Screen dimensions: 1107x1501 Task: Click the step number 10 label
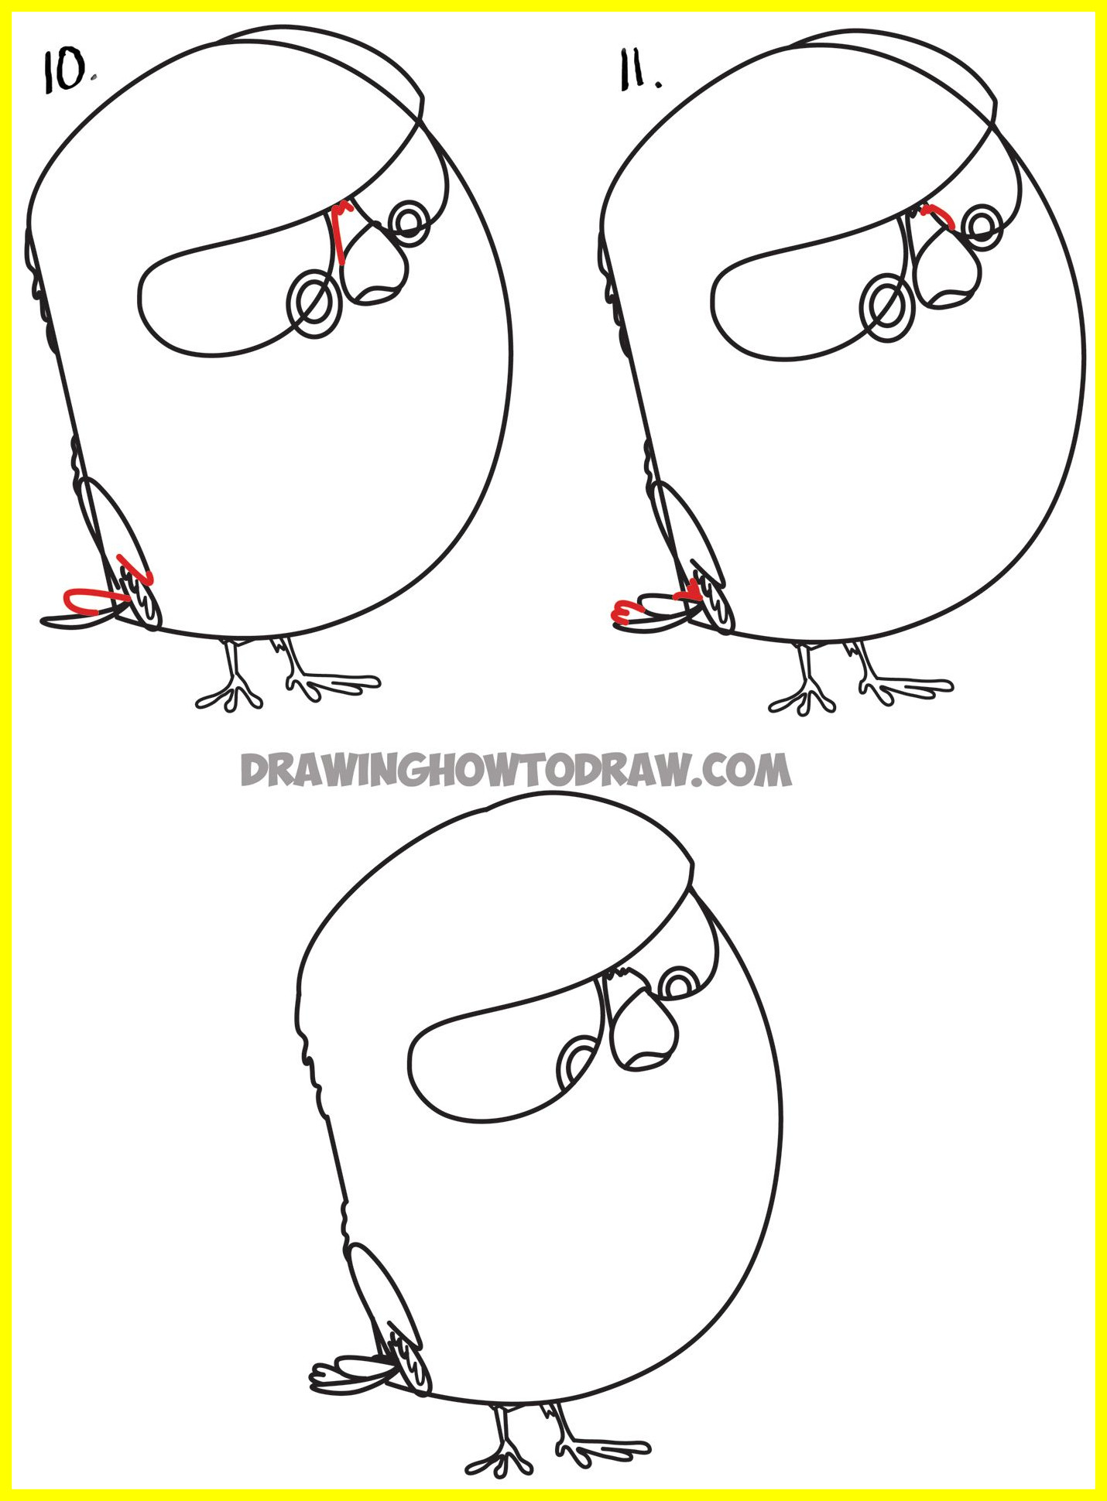tap(68, 73)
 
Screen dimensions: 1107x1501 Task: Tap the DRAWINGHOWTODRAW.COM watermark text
tap(516, 770)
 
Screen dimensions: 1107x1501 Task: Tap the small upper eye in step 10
tap(410, 223)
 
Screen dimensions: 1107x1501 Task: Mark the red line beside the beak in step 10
tap(340, 232)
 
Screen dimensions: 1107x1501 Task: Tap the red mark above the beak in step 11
tap(937, 215)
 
